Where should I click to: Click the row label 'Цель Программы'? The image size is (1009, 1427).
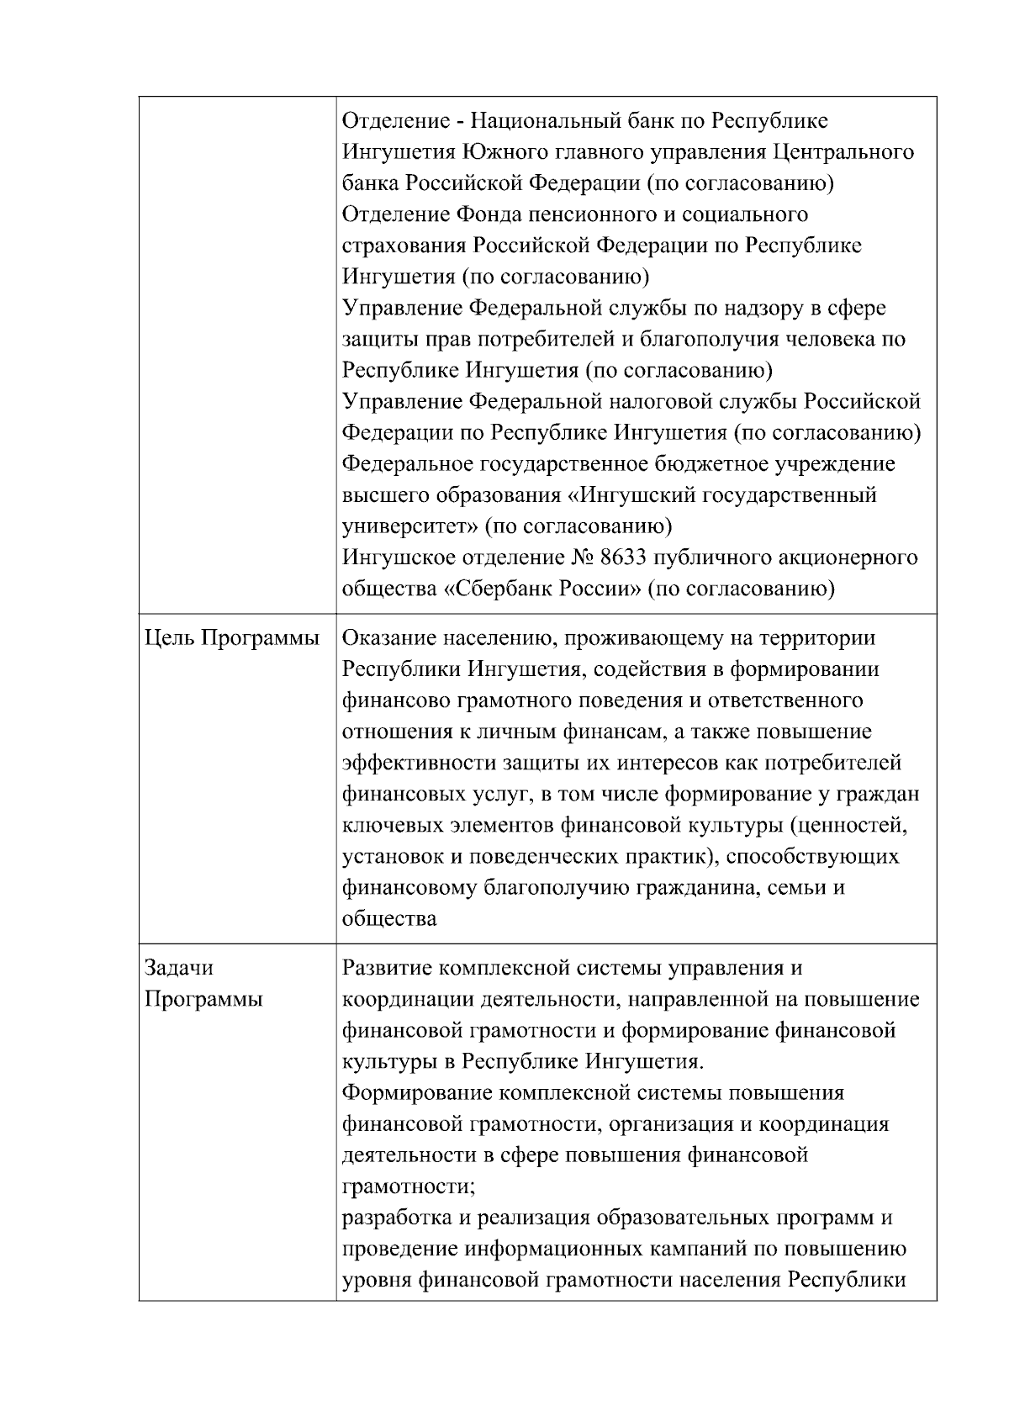click(x=232, y=638)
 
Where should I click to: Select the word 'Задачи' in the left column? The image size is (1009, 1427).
click(x=178, y=968)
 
